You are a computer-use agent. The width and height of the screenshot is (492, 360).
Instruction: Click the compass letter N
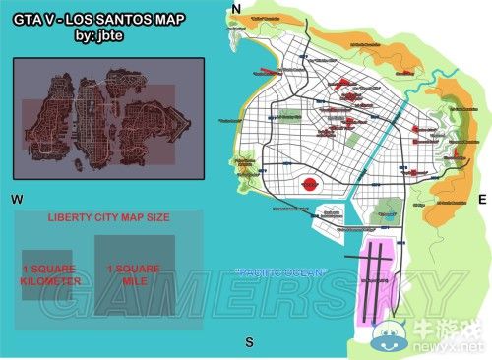[235, 10]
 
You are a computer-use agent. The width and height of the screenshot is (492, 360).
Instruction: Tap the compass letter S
[249, 342]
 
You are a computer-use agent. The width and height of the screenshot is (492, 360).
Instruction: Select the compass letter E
[482, 200]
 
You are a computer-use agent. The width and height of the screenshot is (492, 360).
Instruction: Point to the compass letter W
[17, 200]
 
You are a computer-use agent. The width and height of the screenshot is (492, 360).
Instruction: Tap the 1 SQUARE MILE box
[135, 268]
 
